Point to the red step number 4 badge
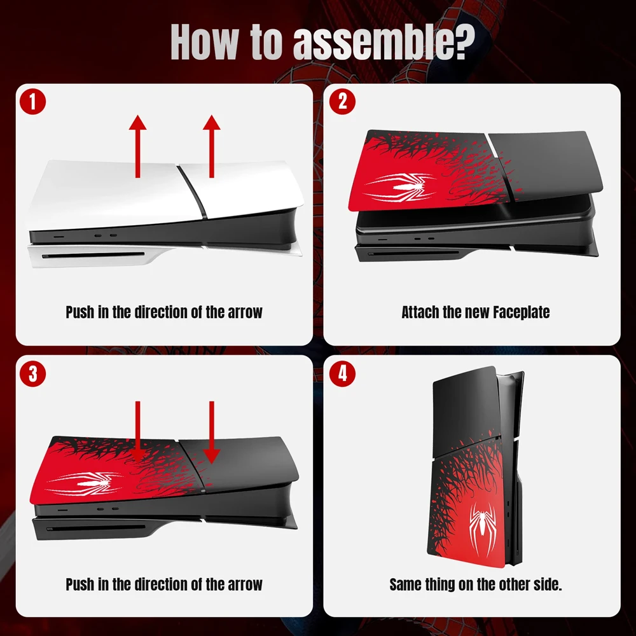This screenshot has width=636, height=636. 343,374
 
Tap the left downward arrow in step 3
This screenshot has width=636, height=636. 137,429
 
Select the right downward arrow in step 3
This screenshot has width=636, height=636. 212,429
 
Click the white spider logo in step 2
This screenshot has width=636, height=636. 398,187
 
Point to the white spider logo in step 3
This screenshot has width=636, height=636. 84,481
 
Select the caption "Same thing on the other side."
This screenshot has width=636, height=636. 475,584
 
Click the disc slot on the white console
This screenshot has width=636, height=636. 95,257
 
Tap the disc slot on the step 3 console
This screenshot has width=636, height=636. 95,526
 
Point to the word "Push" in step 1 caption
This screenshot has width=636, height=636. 80,312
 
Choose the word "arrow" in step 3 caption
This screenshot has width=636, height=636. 245,584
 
